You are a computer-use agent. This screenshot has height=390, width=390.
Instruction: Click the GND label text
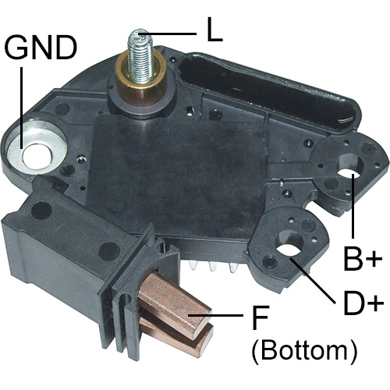pyautogui.click(x=41, y=48)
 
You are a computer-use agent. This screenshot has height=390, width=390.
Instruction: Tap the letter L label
pyautogui.click(x=214, y=30)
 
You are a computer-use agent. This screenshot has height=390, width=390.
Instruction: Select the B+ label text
pyautogui.click(x=363, y=259)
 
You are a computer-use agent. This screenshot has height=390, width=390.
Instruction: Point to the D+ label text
pyautogui.click(x=363, y=303)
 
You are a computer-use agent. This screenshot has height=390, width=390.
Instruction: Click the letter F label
pyautogui.click(x=260, y=317)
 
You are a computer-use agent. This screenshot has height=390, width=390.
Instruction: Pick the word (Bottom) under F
pyautogui.click(x=304, y=350)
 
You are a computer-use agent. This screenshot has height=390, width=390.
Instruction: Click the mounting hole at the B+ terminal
pyautogui.click(x=349, y=173)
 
